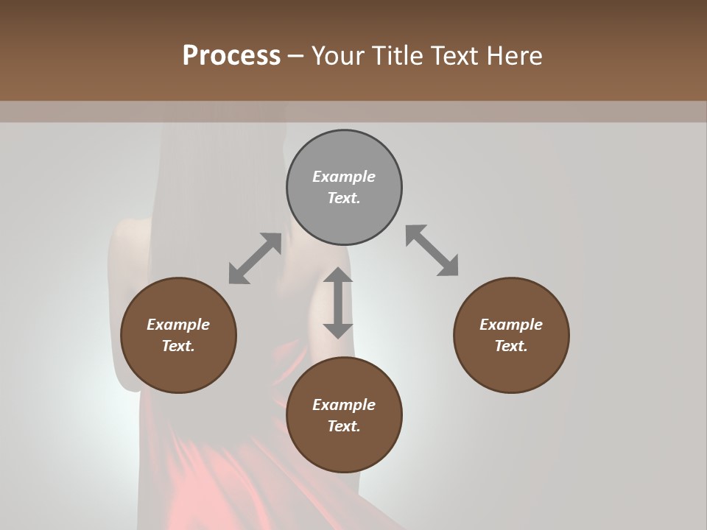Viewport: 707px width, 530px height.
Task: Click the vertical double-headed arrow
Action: point(338,303)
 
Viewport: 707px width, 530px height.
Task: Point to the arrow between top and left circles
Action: point(255,258)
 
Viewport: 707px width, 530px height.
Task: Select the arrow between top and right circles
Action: point(432,250)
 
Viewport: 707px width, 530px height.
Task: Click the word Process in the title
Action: point(231,56)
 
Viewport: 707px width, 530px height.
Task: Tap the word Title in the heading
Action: point(399,56)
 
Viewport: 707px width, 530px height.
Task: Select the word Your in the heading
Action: point(339,56)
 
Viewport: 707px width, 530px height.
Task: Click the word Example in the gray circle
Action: point(344,177)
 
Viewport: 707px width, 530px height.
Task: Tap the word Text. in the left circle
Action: point(178,346)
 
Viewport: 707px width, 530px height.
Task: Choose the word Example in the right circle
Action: point(511,325)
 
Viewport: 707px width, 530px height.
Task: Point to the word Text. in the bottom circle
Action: point(344,426)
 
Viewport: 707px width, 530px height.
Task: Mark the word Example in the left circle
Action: point(178,325)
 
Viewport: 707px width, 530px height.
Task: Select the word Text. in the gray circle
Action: point(344,198)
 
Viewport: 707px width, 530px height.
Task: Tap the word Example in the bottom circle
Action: point(344,405)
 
